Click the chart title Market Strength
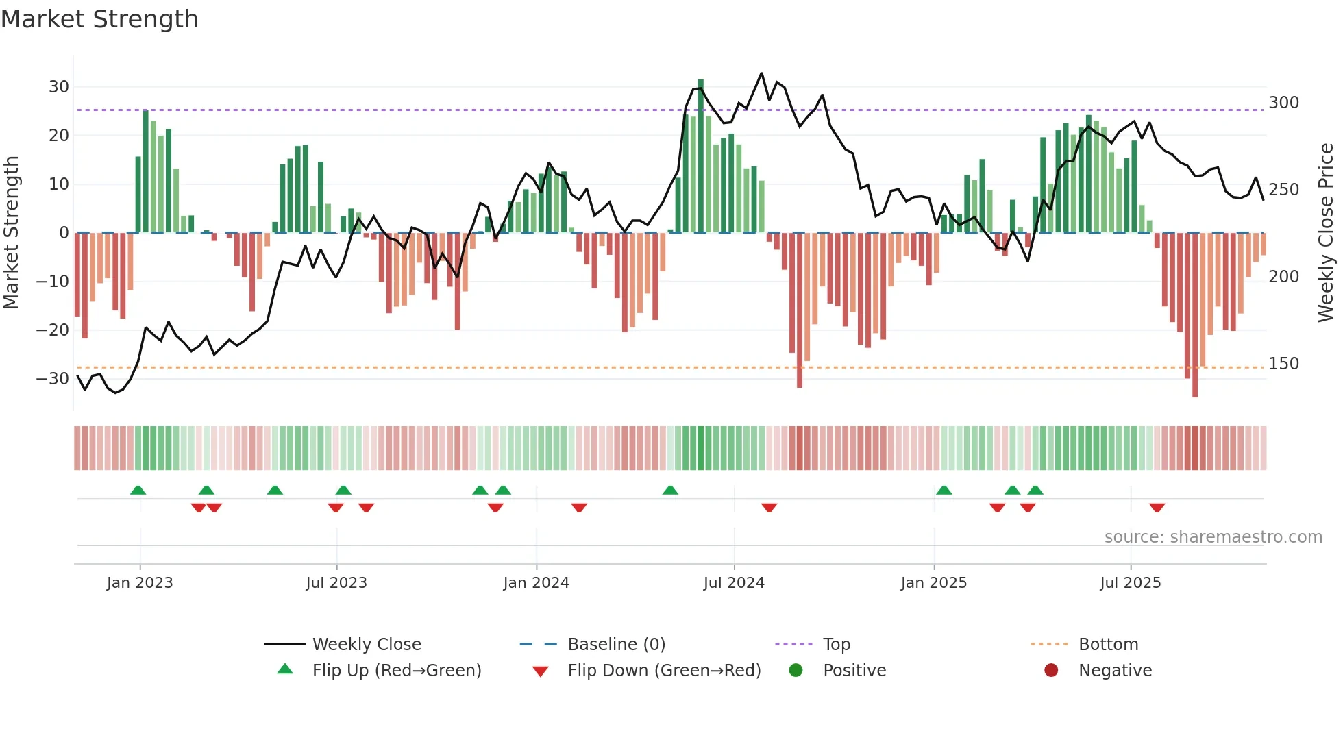coord(99,19)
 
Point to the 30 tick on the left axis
coord(59,87)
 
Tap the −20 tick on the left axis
coord(53,330)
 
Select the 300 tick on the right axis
coord(1283,103)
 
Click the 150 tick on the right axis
coord(1283,364)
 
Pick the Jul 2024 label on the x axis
coord(734,583)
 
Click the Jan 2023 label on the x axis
coord(140,583)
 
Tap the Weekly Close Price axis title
coord(1326,233)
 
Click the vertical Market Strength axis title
coord(12,233)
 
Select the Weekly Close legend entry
coord(367,645)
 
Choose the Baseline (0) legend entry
coord(616,645)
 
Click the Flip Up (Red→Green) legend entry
coord(396,671)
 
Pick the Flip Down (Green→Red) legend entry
coord(663,671)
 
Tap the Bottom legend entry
coord(1108,645)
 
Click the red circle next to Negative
coord(1051,671)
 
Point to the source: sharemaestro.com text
coord(1213,537)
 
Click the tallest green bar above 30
coord(701,155)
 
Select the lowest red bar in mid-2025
coord(1195,315)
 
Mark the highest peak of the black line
coord(761,73)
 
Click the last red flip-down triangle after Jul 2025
coord(1157,508)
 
